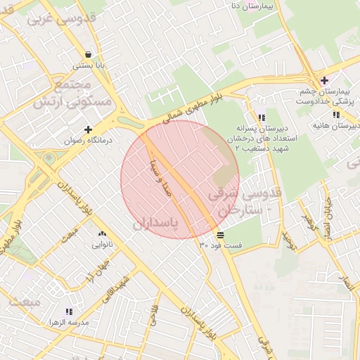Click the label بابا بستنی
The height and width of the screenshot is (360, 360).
point(90,65)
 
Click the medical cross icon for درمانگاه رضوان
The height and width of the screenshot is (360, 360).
point(88,129)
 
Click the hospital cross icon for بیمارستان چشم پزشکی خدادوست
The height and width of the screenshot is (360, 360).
point(323,80)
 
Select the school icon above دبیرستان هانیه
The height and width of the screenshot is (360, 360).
point(336,115)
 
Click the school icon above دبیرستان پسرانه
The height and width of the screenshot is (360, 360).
point(262,117)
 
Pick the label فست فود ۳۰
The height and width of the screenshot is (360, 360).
point(221,245)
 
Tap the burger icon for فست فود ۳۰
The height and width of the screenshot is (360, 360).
point(221,234)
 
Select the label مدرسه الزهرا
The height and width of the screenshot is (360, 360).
point(68,322)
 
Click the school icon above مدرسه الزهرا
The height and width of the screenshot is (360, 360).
point(68,311)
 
